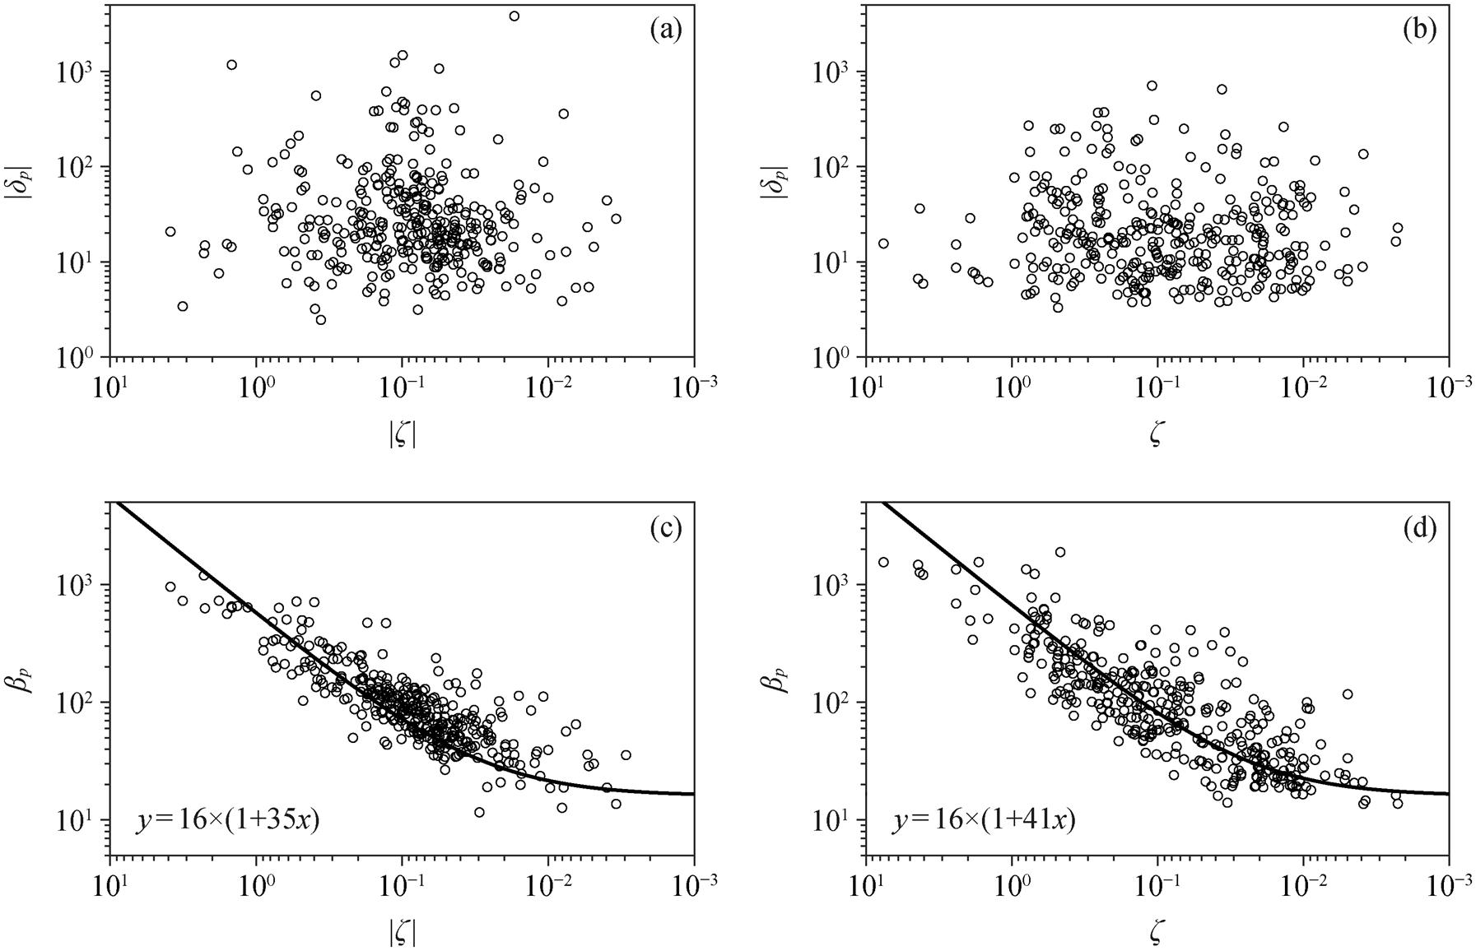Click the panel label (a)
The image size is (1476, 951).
pyautogui.click(x=665, y=30)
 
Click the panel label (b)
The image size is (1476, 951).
pyautogui.click(x=1419, y=30)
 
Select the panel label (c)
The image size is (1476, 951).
pyautogui.click(x=665, y=528)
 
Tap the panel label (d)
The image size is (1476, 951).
pyautogui.click(x=1419, y=528)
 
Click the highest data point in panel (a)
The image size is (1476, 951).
pyautogui.click(x=515, y=16)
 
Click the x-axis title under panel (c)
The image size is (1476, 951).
pyautogui.click(x=402, y=933)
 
